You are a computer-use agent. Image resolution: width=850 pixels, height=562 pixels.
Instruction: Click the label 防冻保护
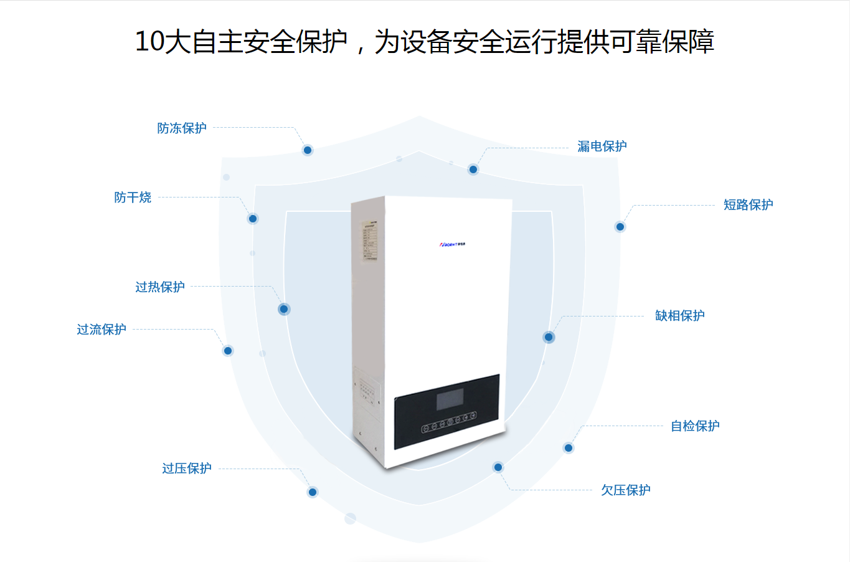[182, 128]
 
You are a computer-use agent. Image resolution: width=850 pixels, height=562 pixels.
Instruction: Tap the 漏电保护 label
[602, 146]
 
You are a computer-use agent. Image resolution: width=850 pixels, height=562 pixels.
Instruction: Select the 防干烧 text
[133, 198]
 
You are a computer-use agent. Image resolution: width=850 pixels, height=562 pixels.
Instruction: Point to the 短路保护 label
[748, 205]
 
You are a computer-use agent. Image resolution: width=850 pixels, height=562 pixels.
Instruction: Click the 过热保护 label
[160, 287]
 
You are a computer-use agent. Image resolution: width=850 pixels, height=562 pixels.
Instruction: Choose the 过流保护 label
[102, 330]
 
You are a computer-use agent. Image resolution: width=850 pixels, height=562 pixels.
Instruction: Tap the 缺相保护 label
[679, 316]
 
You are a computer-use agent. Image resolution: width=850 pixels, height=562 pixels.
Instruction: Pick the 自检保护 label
[695, 426]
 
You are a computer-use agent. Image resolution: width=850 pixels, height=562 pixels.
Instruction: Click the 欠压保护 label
[625, 490]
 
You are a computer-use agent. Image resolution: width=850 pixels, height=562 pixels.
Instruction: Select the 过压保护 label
[187, 469]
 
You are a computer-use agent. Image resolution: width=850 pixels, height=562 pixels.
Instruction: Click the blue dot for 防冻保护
[308, 150]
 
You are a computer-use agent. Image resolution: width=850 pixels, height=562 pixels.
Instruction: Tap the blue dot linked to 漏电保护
[473, 169]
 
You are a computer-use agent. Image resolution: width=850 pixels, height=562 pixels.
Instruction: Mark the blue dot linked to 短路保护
[620, 227]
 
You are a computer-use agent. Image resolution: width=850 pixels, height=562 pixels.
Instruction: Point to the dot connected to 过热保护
[284, 309]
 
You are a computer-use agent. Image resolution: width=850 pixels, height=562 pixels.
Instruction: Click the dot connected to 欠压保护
[498, 467]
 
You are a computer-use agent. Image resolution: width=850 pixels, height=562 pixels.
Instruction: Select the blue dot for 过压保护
[313, 492]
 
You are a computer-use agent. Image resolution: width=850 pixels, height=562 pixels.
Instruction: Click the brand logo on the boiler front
[452, 245]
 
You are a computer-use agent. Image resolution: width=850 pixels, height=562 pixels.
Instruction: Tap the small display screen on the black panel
[450, 399]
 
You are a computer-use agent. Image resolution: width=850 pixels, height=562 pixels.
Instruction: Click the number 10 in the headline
[149, 42]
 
